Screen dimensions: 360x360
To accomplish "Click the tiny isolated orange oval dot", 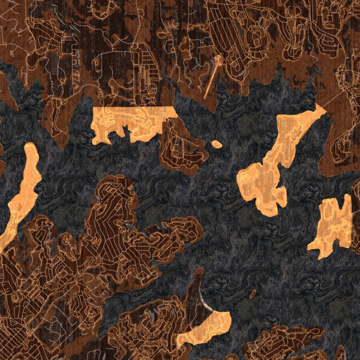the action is (x=217, y=144).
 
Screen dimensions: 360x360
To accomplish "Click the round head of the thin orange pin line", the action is (x=219, y=59).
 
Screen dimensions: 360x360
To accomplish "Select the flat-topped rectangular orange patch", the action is (x=134, y=123).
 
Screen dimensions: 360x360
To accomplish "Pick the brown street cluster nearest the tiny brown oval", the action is (x=282, y=342).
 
